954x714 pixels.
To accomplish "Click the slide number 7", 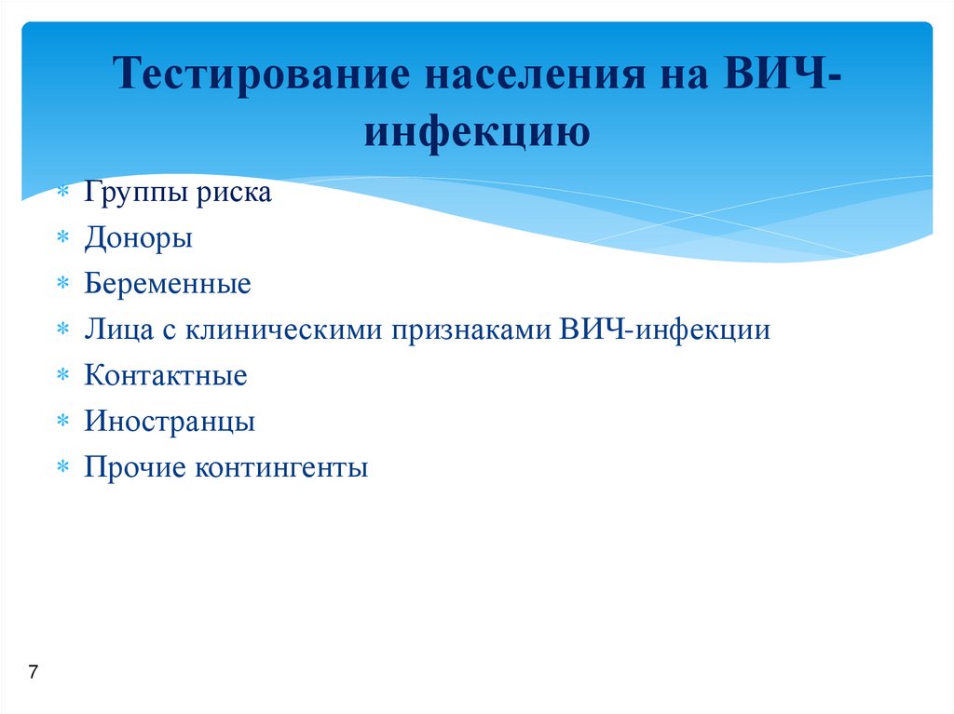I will coord(34,672).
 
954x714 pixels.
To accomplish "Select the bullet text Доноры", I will coord(139,238).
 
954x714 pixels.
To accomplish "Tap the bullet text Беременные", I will coord(168,284).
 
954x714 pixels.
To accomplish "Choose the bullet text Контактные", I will coord(166,376).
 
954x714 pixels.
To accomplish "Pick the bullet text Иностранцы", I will coord(170,422).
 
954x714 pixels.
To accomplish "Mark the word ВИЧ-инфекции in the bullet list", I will coord(665,330).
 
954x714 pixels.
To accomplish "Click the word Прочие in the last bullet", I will coord(135,467).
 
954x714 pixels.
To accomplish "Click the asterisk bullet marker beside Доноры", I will coord(61,239).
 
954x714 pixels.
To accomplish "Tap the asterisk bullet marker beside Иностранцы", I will coord(61,423).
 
